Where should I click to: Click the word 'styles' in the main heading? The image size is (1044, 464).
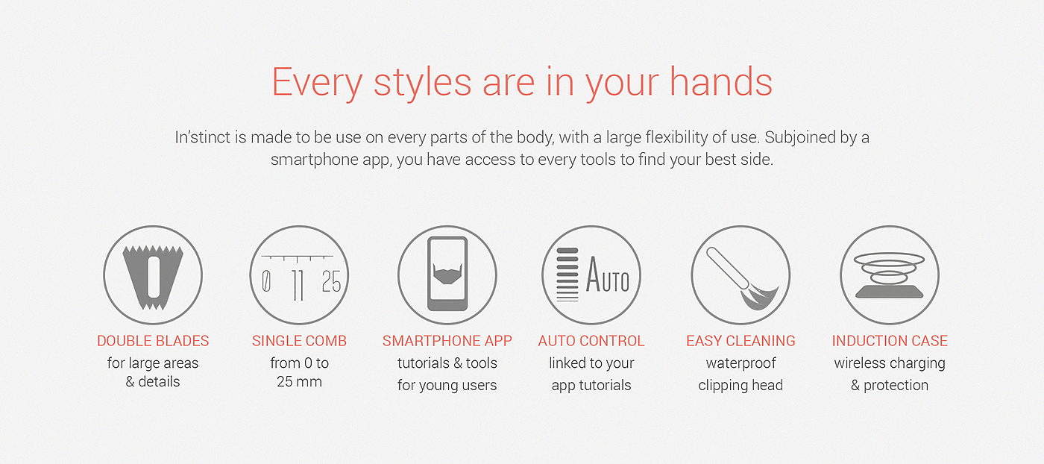pos(422,83)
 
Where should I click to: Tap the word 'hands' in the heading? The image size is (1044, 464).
pos(721,81)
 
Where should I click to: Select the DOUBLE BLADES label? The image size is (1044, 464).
pos(153,341)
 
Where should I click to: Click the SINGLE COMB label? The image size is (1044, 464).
pos(299,341)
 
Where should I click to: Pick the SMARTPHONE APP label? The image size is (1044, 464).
pos(447,341)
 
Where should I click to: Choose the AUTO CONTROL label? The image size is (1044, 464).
pos(591,341)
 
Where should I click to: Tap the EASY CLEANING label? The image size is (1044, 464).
pos(740,341)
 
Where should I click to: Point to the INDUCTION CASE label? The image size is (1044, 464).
pos(890,341)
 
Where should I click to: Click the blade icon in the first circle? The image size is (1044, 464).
pos(153,277)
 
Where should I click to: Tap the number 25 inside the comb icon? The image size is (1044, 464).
pos(331,281)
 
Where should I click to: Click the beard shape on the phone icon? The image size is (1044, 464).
pos(447,273)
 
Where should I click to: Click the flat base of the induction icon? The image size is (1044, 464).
pos(889,292)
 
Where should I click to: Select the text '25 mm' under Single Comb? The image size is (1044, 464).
pos(299,381)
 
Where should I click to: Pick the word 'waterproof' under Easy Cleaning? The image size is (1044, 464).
pos(740,364)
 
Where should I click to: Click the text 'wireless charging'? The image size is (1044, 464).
pos(890,364)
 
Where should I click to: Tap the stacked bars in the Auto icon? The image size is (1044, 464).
pos(567,275)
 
